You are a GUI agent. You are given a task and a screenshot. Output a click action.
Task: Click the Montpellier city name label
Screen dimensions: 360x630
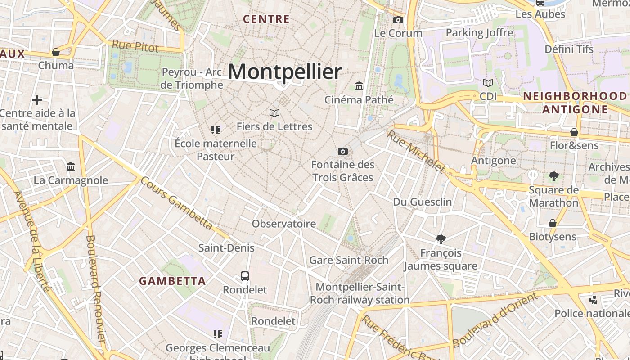pos(285,72)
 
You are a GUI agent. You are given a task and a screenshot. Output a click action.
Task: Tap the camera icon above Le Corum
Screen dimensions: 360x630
pos(398,20)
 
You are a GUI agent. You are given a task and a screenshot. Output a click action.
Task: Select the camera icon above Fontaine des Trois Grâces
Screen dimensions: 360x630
pos(343,151)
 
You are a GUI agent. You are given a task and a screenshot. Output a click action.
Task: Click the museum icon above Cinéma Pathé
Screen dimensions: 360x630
pos(359,86)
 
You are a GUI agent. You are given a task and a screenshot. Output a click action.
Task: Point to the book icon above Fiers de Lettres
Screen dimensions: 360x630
pos(274,113)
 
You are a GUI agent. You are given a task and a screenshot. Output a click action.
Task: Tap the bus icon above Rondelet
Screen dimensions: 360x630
pos(245,276)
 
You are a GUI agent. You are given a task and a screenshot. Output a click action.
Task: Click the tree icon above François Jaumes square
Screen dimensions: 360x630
pos(441,239)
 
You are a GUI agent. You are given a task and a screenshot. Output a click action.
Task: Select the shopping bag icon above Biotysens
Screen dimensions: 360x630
pos(553,223)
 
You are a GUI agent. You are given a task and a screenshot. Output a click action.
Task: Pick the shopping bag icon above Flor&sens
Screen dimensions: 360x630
pos(574,132)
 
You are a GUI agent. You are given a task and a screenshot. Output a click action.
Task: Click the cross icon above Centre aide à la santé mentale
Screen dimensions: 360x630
pos(37,99)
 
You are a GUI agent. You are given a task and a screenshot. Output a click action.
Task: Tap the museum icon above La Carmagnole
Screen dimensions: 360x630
pos(71,167)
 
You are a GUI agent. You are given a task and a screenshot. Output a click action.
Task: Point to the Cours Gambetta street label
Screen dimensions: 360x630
pos(176,202)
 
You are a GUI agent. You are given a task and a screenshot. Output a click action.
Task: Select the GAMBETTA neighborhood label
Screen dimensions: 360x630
pos(172,281)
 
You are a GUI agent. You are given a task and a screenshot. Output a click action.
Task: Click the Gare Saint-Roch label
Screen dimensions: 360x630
pos(349,260)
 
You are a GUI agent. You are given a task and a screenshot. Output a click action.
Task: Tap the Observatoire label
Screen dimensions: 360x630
pos(284,224)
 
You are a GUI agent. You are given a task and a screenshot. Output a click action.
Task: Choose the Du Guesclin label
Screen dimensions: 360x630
pos(423,202)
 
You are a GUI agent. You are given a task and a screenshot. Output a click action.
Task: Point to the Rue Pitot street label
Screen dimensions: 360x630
pos(135,45)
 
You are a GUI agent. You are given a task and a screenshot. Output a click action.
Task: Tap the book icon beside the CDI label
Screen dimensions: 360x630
pos(488,83)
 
